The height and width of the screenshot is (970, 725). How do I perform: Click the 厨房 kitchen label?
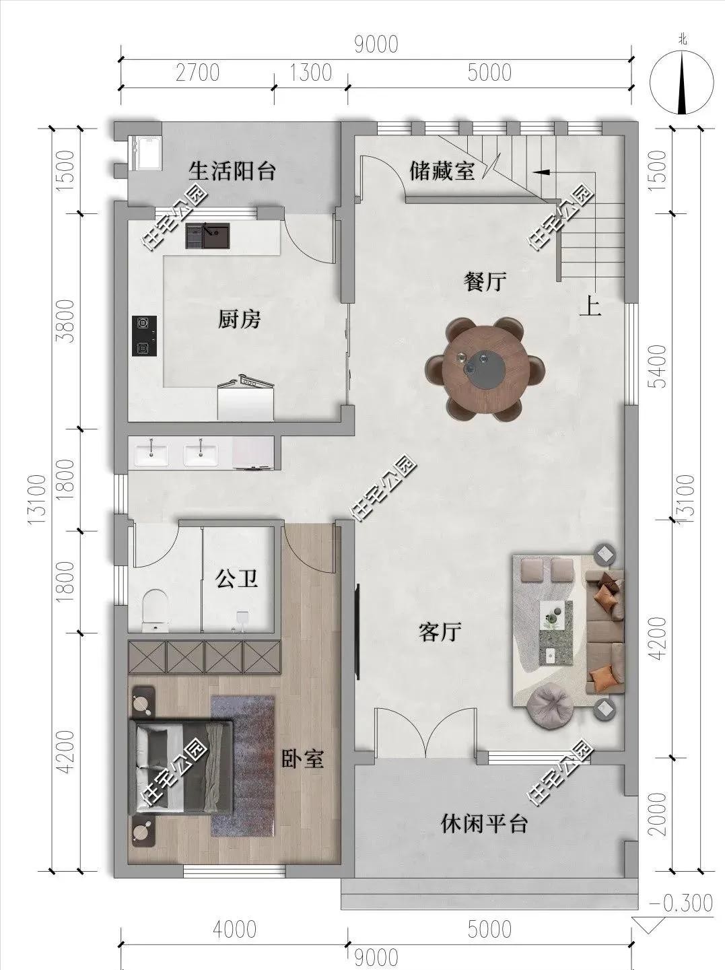pos(239,319)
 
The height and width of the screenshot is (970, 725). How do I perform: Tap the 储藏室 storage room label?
pos(442,170)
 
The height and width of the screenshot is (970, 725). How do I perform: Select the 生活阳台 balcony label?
pos(232,171)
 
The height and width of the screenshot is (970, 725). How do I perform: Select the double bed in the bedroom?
pos(180,767)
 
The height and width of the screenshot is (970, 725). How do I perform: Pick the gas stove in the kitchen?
pos(144,336)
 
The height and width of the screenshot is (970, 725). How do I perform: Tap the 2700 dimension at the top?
pos(197,73)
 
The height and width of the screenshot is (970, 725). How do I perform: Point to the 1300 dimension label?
pos(310,73)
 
